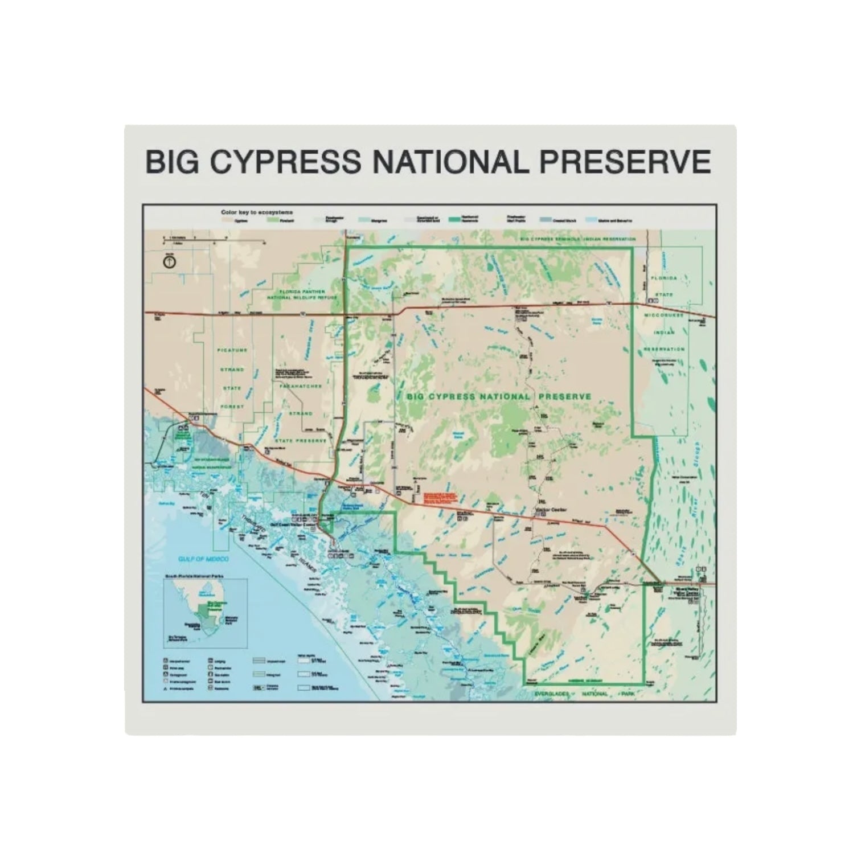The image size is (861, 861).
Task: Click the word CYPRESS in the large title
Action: [285, 162]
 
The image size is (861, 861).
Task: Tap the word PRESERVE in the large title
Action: [625, 162]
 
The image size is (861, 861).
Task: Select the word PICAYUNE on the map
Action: [232, 351]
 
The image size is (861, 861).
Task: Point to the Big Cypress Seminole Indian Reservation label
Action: [577, 239]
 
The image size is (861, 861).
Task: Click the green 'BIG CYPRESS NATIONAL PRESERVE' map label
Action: [500, 396]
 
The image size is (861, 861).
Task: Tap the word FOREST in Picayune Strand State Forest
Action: [232, 407]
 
